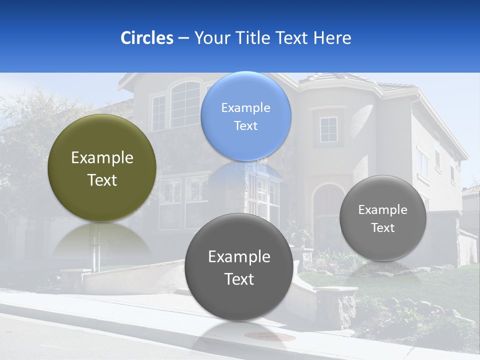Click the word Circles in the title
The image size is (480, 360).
[146, 37]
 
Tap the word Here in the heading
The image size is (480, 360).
[332, 37]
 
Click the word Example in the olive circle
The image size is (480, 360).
[102, 158]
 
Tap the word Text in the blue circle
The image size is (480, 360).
[245, 126]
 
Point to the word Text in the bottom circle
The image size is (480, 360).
[239, 279]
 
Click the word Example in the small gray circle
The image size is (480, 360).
[382, 210]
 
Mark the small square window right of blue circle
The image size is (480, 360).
[328, 129]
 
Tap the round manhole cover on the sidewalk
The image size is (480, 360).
[273, 336]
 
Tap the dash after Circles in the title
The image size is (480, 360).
[183, 38]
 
